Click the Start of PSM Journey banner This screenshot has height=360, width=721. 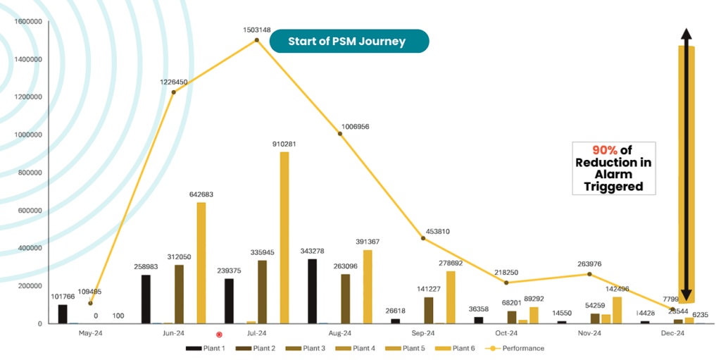click(347, 41)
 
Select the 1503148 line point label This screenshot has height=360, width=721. click(256, 31)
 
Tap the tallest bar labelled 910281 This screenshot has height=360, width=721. click(284, 237)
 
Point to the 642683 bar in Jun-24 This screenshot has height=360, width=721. click(201, 263)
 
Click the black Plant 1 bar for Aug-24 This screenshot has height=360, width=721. click(312, 291)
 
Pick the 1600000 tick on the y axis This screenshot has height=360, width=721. click(27, 21)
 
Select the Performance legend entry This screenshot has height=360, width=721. click(518, 348)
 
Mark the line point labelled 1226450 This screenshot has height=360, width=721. click(173, 92)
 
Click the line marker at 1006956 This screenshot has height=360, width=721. click(340, 134)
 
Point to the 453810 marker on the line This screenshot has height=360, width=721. click(423, 238)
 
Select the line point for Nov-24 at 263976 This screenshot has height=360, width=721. click(589, 274)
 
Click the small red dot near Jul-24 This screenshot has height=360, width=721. click(219, 335)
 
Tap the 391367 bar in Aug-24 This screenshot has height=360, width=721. click(367, 287)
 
